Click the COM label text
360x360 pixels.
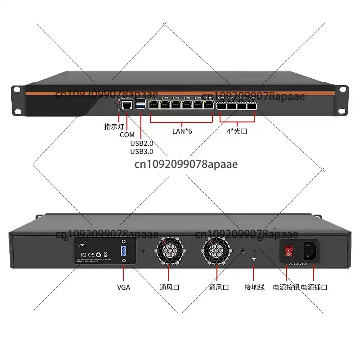click(x=127, y=135)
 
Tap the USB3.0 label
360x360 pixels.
click(x=141, y=152)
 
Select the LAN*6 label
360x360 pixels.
click(x=183, y=131)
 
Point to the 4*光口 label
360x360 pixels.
click(x=237, y=131)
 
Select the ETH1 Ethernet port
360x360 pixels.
click(x=165, y=106)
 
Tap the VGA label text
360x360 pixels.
click(x=123, y=287)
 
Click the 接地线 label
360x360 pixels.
click(x=254, y=287)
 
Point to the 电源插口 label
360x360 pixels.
click(x=314, y=287)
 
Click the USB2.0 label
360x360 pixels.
click(x=141, y=144)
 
